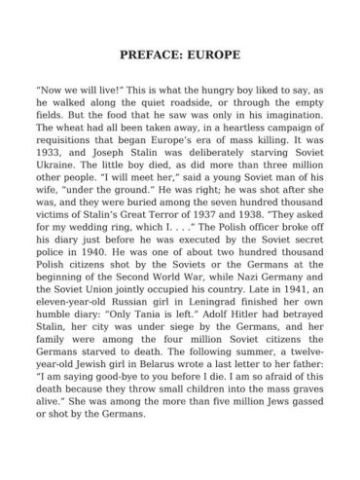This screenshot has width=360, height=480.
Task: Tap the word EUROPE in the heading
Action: tap(213, 55)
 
